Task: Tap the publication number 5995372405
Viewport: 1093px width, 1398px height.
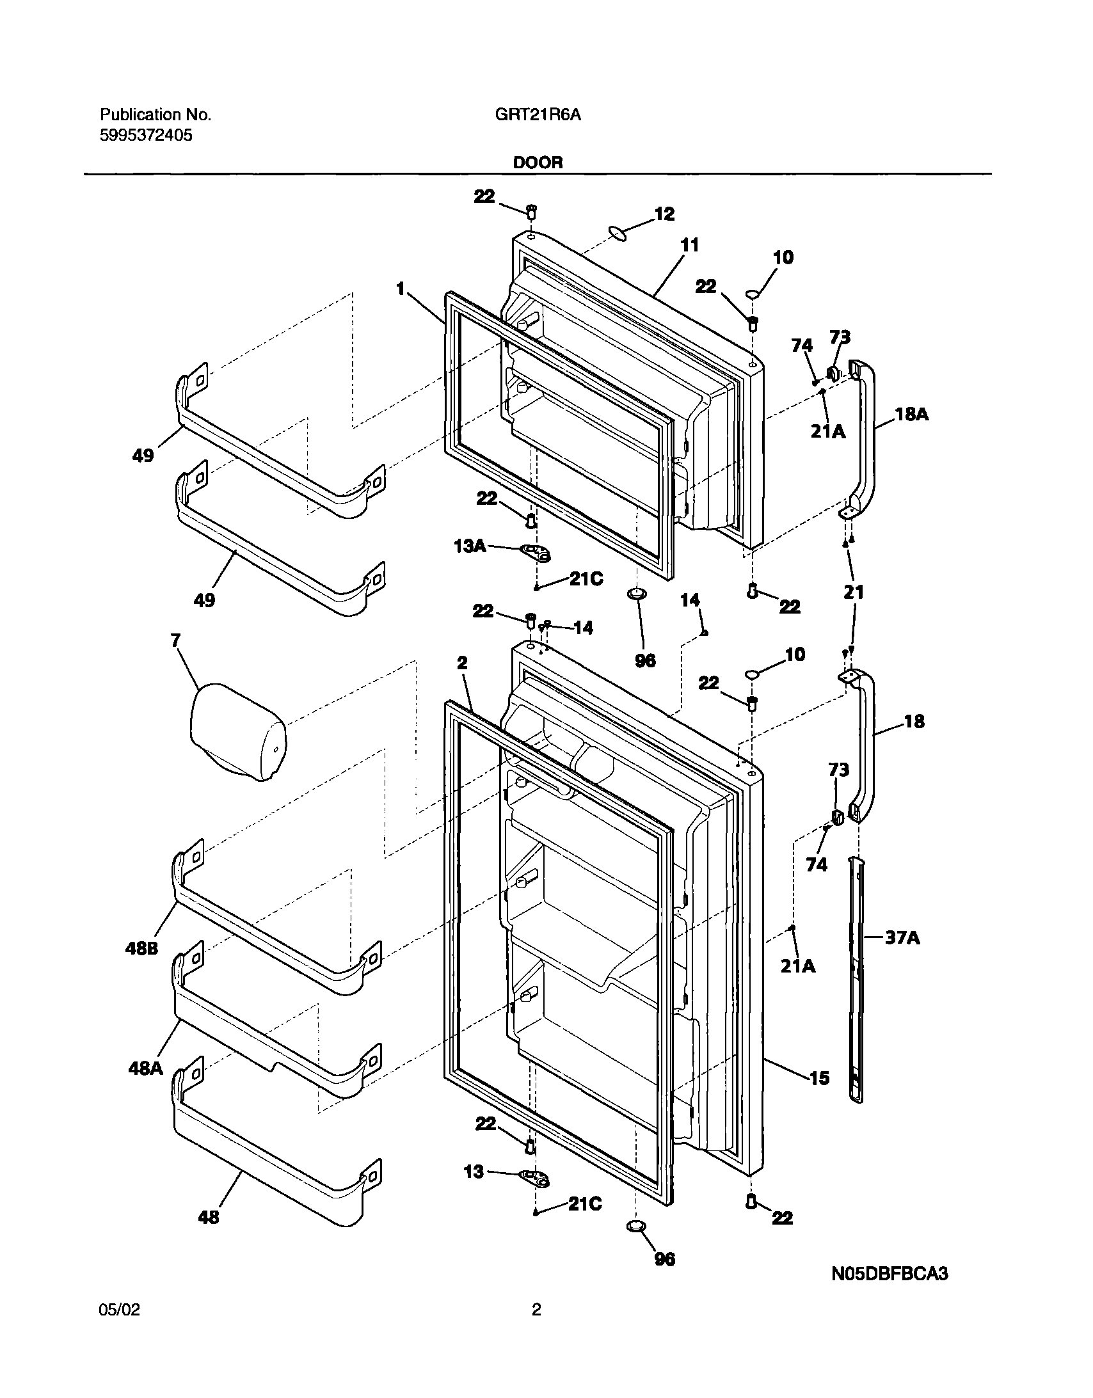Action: pyautogui.click(x=146, y=136)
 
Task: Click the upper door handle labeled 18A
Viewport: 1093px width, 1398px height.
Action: pyautogui.click(x=865, y=441)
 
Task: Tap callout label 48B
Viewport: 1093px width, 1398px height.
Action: pyautogui.click(x=141, y=949)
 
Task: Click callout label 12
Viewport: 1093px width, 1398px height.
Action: pyautogui.click(x=665, y=214)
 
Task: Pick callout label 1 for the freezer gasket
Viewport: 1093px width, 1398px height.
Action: pyautogui.click(x=401, y=289)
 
